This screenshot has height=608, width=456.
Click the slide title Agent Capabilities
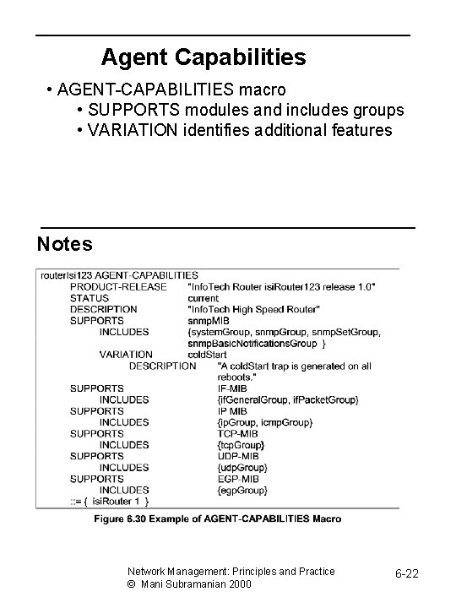click(204, 57)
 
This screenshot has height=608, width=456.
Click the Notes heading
click(65, 244)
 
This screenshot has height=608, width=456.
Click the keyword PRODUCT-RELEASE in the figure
click(118, 286)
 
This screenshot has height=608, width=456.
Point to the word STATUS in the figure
click(89, 298)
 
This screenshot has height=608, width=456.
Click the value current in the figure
click(203, 298)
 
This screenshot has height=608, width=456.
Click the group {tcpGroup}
click(242, 444)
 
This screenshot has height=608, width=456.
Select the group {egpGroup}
click(242, 490)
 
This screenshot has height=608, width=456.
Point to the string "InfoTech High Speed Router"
click(253, 309)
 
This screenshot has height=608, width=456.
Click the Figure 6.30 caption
click(218, 518)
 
